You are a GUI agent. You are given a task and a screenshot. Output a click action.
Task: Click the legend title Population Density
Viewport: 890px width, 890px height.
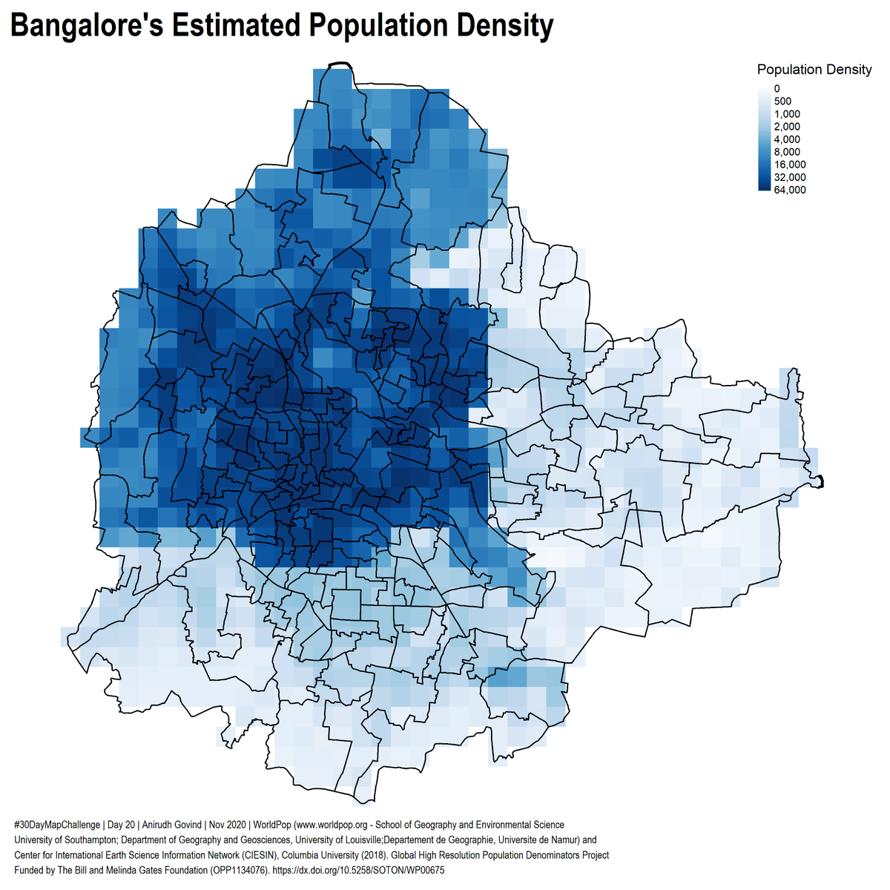(814, 70)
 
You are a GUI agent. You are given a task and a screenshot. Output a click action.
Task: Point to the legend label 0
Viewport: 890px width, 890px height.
(776, 88)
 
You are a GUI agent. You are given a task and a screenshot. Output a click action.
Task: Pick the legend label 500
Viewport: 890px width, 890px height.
(782, 102)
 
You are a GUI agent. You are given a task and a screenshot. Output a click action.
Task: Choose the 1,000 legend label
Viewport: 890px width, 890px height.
(786, 114)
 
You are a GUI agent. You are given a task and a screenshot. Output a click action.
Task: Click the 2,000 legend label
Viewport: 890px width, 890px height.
(786, 127)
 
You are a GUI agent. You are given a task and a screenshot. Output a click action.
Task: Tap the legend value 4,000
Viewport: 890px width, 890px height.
(786, 139)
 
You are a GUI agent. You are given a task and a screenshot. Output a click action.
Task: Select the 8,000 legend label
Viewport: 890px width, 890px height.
(786, 152)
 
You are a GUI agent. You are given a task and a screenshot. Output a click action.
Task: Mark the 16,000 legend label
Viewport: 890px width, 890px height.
(789, 165)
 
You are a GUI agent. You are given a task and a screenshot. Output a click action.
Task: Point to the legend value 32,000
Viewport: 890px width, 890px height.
(789, 177)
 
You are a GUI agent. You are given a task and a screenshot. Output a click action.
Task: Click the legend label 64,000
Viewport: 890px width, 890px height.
(789, 190)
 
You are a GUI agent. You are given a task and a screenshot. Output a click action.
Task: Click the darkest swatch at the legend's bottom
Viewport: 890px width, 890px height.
(763, 188)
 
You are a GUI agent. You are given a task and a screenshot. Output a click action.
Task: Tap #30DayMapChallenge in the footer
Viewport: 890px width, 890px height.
(56, 825)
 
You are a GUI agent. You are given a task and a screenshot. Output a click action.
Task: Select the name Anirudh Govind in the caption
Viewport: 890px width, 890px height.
(172, 825)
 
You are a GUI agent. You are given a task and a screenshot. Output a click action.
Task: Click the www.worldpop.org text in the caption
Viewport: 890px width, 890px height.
(342, 825)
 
